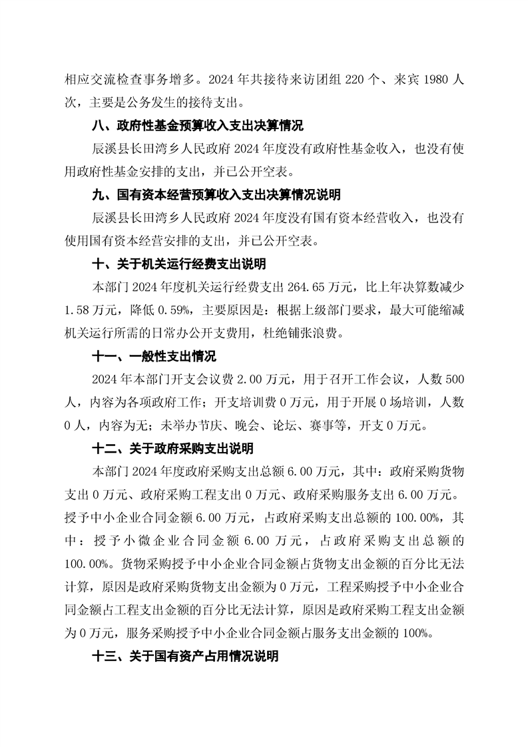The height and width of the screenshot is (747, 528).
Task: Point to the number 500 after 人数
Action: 453,380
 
